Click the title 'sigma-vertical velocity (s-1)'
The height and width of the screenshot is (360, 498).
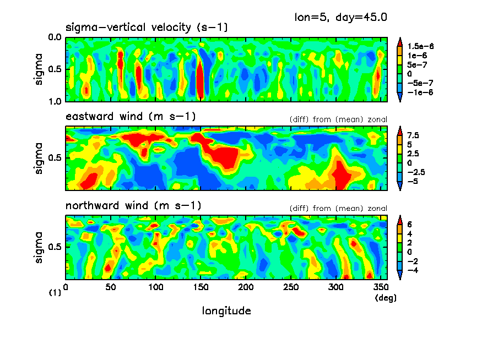coord(147,28)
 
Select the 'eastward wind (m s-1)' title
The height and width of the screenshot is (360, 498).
coord(131,117)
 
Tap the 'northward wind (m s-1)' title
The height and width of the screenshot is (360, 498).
coord(133,206)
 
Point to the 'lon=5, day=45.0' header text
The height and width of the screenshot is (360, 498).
coord(341,17)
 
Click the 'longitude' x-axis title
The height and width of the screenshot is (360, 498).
coord(226,311)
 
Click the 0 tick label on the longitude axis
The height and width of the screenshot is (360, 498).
coord(66,288)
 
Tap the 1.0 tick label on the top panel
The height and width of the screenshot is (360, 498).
coord(55,101)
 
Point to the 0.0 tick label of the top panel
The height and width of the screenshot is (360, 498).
coord(55,38)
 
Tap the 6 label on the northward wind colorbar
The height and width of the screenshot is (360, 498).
coord(409,225)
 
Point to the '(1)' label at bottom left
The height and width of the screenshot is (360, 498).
coord(55,293)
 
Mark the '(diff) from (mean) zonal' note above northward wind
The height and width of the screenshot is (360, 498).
coord(338,209)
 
